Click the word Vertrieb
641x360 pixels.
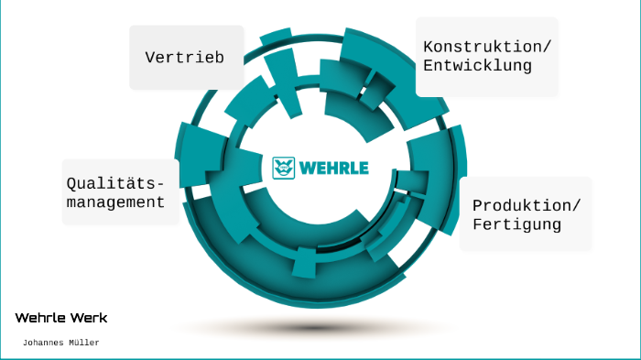point(184,58)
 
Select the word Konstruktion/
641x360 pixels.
point(487,47)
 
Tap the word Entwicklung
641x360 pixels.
point(477,66)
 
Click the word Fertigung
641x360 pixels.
point(516,224)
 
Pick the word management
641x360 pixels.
point(115,202)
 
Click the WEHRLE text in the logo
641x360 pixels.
point(333,168)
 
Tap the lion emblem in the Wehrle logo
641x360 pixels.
point(284,168)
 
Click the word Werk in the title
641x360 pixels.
point(89,318)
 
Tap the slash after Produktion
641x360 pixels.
point(577,204)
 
